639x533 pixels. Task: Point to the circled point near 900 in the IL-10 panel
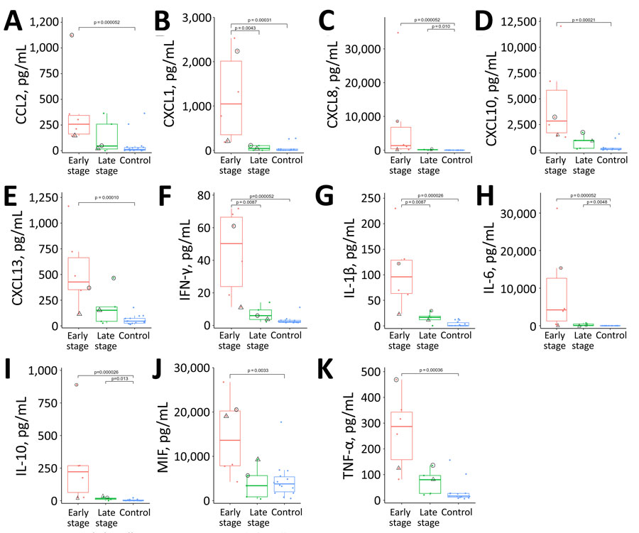tap(76, 385)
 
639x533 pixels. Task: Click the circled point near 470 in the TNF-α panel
tap(395, 380)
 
